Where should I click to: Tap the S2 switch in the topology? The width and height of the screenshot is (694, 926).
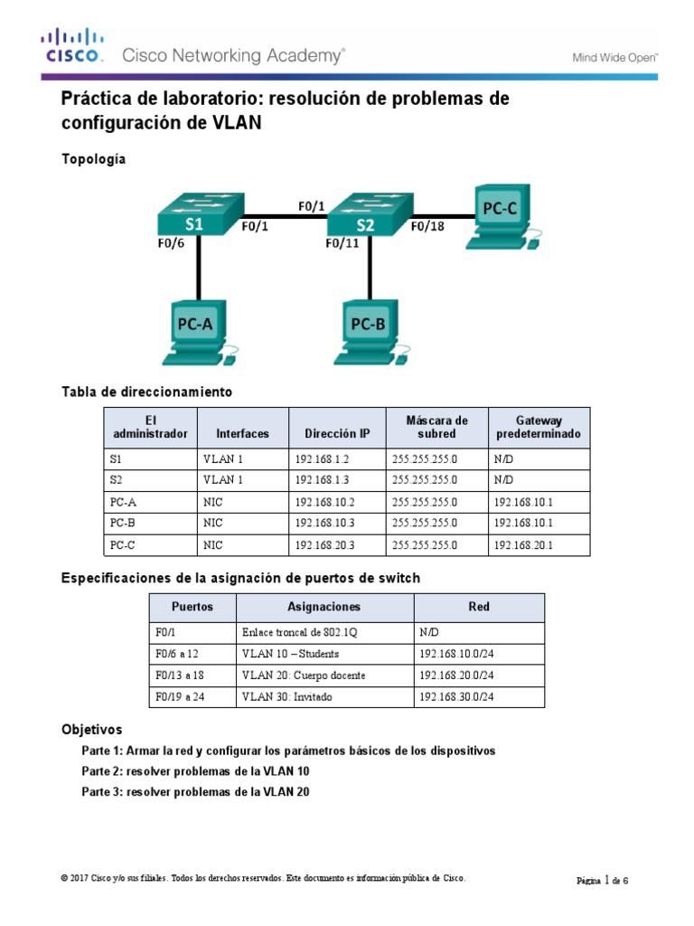(366, 215)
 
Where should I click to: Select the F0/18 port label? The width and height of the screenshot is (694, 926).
(427, 227)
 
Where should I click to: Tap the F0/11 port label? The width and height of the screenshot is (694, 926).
(343, 244)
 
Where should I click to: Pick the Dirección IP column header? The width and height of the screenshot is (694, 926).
(337, 433)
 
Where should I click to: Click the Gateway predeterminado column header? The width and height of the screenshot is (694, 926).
(539, 427)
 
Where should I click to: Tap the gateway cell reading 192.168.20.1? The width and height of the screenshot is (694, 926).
(523, 544)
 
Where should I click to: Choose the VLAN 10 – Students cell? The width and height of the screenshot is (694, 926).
(290, 654)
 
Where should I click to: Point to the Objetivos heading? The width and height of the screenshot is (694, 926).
(91, 729)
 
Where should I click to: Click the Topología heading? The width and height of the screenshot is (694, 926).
(94, 159)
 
